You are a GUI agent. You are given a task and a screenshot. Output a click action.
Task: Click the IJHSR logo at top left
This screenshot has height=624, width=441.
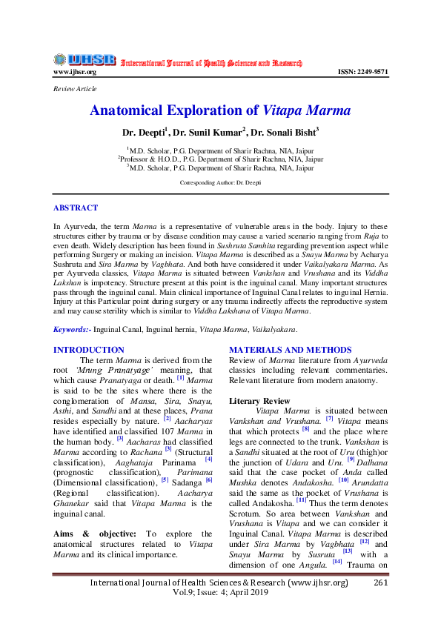tap(84, 60)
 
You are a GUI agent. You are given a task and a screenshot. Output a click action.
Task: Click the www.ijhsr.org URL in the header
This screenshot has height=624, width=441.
tap(74, 72)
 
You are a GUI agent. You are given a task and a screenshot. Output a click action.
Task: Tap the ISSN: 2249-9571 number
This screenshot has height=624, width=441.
tap(362, 72)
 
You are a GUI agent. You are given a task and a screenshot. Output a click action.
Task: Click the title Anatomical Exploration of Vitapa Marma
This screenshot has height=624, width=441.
tap(220, 111)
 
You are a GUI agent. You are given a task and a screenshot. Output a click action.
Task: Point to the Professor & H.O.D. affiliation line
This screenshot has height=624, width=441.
tap(220, 158)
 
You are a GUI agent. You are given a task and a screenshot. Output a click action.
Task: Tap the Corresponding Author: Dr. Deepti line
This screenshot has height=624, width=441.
tap(220, 182)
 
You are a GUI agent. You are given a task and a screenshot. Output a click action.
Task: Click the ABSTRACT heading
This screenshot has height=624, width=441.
tap(76, 208)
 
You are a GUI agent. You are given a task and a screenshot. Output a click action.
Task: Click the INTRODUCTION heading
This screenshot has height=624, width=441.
tap(89, 349)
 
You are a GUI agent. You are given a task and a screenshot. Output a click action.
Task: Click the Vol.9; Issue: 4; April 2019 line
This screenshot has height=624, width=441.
tap(219, 594)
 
